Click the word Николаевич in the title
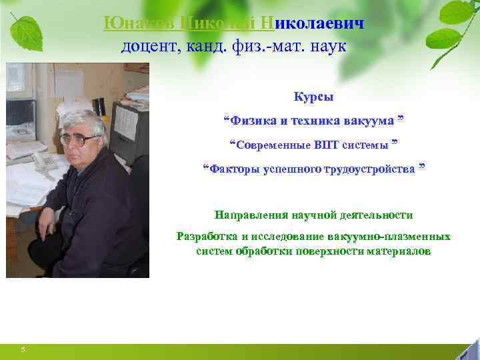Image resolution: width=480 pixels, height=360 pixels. (x=319, y=23)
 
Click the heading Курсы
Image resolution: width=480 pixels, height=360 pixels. (x=313, y=97)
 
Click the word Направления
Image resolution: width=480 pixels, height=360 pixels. (x=251, y=215)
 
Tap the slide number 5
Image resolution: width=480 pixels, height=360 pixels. (x=23, y=349)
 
